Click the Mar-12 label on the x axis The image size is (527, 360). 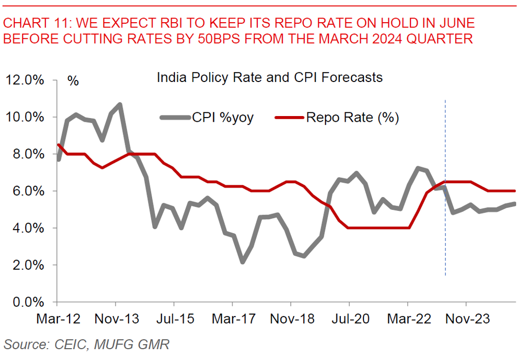click(x=58, y=319)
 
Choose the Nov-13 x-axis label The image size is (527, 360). click(x=117, y=319)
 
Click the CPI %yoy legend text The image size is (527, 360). click(x=223, y=118)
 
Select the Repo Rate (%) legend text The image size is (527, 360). click(x=353, y=118)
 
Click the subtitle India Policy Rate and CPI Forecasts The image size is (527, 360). click(x=269, y=78)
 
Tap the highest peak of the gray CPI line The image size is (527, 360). click(x=120, y=105)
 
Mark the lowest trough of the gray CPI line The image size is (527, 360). click(x=242, y=261)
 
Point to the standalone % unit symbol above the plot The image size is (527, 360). click(x=73, y=81)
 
